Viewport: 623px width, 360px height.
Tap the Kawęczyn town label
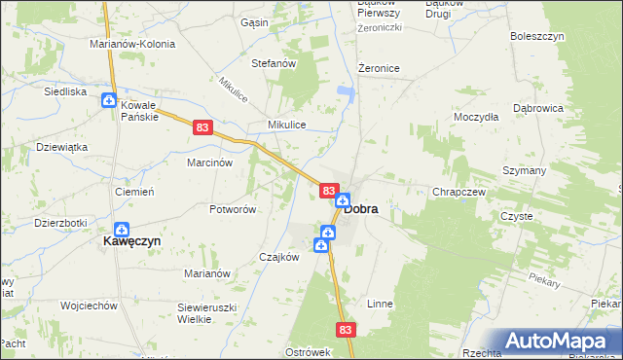pos(132,240)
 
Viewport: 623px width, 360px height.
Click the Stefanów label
pos(274,63)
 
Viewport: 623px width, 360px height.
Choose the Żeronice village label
pos(380,68)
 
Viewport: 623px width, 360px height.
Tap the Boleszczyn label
pos(537,36)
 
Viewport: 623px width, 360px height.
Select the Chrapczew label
pos(458,192)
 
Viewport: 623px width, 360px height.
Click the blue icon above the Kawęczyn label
pos(120,229)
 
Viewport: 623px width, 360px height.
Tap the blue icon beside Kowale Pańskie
pos(109,100)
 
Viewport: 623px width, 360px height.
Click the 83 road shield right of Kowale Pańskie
pos(202,126)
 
